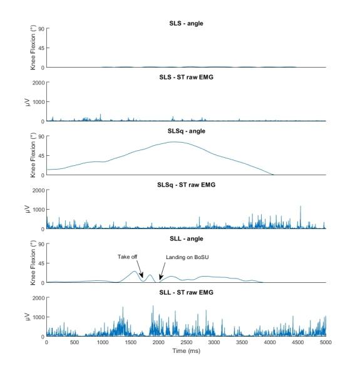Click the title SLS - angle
pos(186,23)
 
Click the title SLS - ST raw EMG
pos(186,77)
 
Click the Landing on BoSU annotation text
pos(187,257)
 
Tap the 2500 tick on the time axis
pos(186,343)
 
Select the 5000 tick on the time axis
pos(326,343)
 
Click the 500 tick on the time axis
pos(75,343)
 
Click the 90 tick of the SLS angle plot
pos(40,29)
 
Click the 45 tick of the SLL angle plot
pos(40,263)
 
